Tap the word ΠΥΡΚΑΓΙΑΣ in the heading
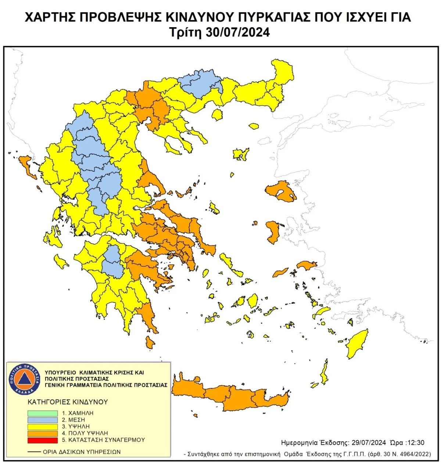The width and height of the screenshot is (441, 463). click(x=254, y=17)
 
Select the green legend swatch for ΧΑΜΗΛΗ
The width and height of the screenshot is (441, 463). click(x=43, y=413)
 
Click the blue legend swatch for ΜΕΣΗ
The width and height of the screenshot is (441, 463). click(x=43, y=420)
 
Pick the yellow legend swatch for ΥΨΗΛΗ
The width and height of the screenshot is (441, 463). click(x=43, y=427)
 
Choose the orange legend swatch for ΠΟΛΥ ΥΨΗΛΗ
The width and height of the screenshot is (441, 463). click(x=43, y=433)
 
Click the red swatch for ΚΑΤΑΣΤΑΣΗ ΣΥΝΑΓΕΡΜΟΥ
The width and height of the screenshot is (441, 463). click(x=43, y=440)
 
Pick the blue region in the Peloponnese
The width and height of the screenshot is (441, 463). click(x=112, y=262)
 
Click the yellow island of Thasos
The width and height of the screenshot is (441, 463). click(x=217, y=115)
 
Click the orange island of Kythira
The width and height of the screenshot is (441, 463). click(x=150, y=343)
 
